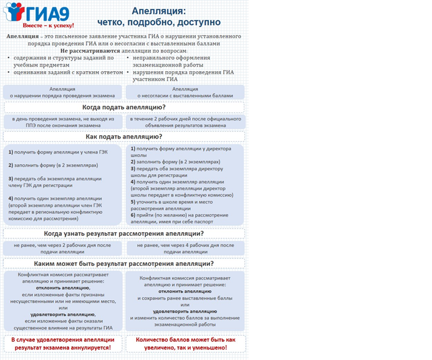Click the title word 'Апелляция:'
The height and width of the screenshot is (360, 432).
coord(158,11)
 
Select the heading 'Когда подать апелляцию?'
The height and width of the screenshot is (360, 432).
coord(123,107)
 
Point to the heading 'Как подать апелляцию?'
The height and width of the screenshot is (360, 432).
coord(123,137)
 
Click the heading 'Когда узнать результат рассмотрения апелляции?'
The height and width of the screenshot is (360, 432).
coord(123,234)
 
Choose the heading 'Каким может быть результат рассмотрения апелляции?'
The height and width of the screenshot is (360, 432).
coord(123,263)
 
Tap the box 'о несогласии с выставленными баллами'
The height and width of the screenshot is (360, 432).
coord(185,92)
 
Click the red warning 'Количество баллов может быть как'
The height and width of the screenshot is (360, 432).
coord(185,339)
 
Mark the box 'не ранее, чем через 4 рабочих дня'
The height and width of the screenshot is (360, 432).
coord(185,248)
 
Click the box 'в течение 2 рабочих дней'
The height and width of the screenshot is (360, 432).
coord(185,122)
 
